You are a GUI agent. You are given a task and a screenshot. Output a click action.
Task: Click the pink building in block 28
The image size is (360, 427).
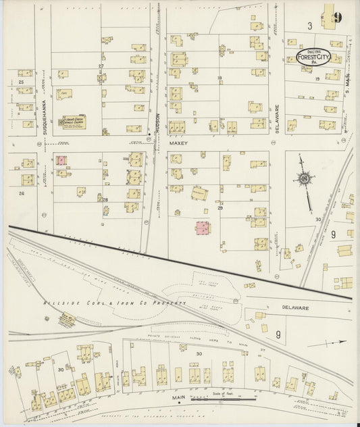[x=61, y=160]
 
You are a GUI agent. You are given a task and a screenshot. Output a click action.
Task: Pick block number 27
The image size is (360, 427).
[x=101, y=66]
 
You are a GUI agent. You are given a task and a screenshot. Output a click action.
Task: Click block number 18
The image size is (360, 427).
[x=220, y=78]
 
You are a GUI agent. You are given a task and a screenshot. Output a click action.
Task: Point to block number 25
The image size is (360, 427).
[x=21, y=82]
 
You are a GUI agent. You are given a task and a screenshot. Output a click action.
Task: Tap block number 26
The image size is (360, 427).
[x=22, y=193]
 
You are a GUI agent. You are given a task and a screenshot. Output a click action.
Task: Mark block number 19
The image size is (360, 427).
[x=317, y=79]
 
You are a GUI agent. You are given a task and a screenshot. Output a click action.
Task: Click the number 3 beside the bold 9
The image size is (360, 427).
[x=309, y=26]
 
